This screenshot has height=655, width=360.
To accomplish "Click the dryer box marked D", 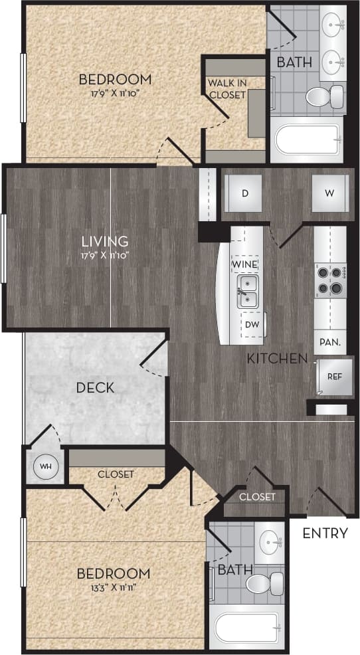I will [244, 194].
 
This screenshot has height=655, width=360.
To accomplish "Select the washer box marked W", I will [329, 194].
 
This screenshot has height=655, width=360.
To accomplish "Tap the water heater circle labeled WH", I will [45, 466].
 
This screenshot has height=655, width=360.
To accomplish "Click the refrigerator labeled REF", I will [333, 376].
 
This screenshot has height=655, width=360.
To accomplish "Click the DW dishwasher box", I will [252, 325].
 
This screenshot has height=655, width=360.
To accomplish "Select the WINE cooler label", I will [244, 264].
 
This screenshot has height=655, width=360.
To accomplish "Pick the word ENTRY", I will [325, 533].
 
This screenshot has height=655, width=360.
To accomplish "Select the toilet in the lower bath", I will [264, 585].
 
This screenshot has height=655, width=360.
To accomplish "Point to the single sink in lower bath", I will [270, 538].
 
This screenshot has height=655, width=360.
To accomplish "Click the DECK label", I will [94, 387].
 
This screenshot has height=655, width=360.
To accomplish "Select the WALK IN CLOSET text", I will [226, 88].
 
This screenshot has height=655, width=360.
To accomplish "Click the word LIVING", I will [105, 241].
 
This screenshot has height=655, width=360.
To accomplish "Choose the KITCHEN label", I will [277, 359].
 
